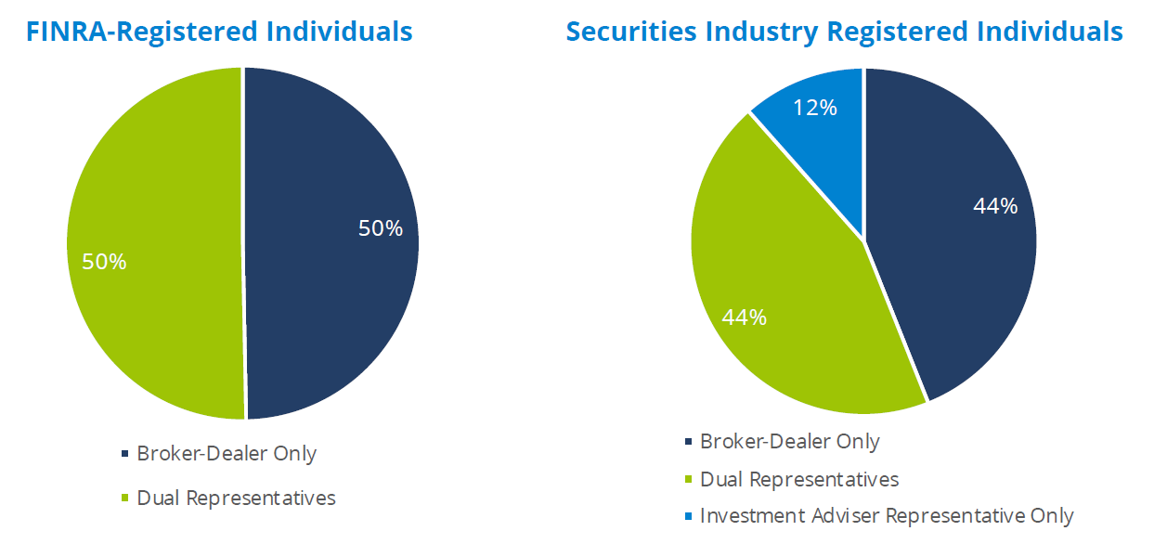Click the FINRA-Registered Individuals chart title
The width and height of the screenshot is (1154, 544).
(219, 32)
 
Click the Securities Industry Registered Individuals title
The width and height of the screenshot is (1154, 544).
(844, 32)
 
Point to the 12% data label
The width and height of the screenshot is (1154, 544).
(815, 108)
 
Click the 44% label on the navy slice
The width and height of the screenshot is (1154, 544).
(995, 206)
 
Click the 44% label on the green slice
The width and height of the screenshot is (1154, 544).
(745, 317)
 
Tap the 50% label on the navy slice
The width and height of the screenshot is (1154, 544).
(381, 228)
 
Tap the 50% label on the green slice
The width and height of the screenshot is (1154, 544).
(104, 262)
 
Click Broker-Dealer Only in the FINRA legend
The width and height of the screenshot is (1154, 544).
(227, 454)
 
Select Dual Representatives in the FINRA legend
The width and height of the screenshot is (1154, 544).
(236, 498)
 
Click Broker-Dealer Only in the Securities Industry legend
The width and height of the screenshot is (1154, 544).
(789, 442)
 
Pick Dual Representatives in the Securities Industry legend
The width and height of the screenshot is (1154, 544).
(799, 479)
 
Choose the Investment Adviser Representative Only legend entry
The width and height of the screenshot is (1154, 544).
(887, 515)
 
